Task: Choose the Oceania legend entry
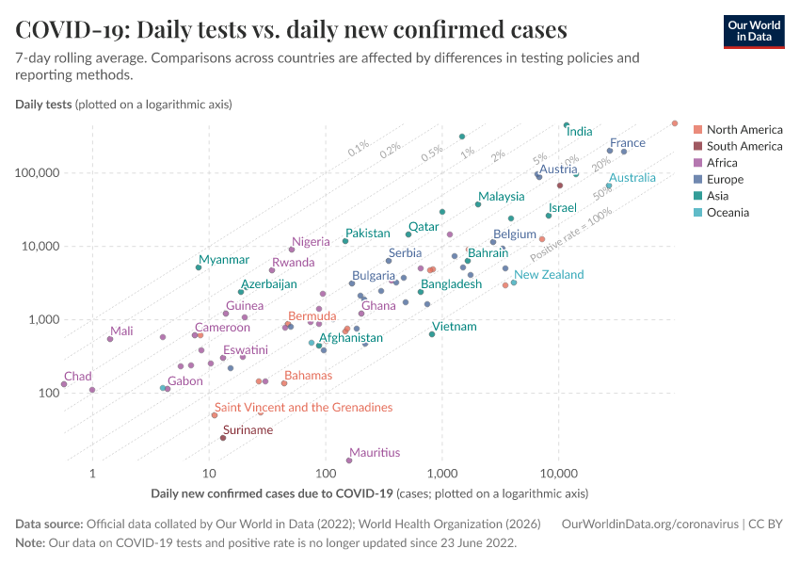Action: click(728, 213)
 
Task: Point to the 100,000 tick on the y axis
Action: click(36, 173)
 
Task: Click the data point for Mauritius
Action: click(349, 460)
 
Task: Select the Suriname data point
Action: click(223, 438)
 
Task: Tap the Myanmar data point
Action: click(199, 267)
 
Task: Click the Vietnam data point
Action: click(432, 334)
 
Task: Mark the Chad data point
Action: click(64, 384)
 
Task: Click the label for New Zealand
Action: click(549, 274)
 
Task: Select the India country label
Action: click(579, 132)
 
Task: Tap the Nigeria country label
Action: click(311, 242)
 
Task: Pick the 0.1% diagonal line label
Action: click(359, 149)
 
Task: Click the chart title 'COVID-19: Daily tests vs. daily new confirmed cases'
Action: click(291, 30)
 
